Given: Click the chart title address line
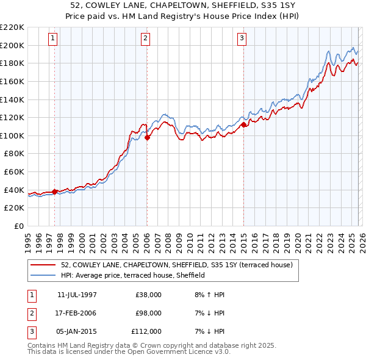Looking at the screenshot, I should click(183, 5).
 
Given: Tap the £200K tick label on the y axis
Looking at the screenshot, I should click(12, 45).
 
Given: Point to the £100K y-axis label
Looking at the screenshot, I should click(12, 135).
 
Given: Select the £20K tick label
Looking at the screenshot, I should click(14, 208).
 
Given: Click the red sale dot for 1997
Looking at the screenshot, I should click(55, 192).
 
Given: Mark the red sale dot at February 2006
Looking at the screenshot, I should click(147, 137).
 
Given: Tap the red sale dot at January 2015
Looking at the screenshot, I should click(243, 124).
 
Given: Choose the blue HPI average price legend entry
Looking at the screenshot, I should click(133, 275).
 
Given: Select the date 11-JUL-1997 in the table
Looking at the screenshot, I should click(77, 295).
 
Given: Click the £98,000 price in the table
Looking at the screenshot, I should click(148, 313).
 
